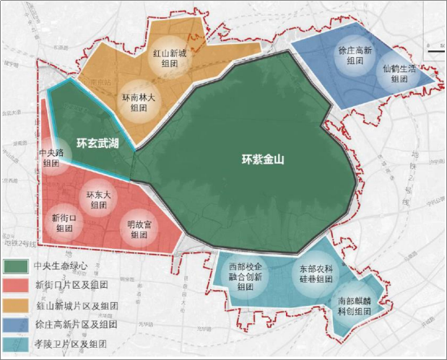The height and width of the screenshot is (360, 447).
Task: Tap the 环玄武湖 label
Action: [97, 143]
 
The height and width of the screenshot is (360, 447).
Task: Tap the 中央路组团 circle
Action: [51, 159]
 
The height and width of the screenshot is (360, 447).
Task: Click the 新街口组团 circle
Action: [64, 221]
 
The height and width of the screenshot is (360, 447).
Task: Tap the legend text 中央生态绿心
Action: [61, 265]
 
